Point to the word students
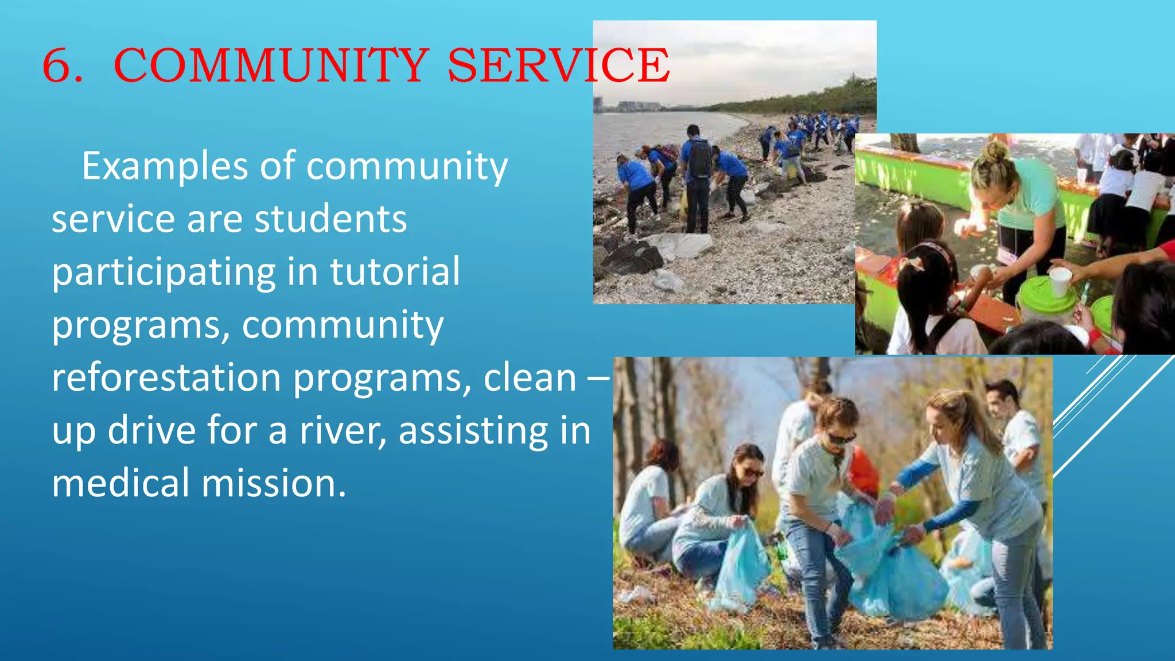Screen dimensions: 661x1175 pyautogui.click(x=330, y=219)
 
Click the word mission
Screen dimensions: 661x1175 pyautogui.click(x=274, y=483)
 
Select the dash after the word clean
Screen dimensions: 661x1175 pyautogui.click(x=599, y=379)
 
